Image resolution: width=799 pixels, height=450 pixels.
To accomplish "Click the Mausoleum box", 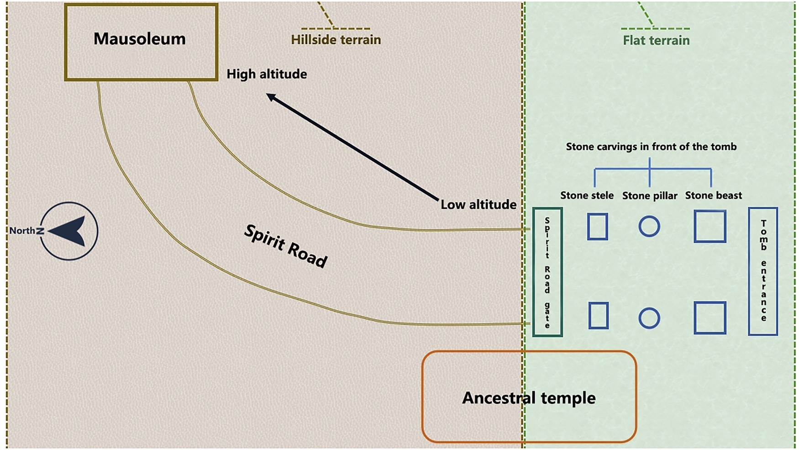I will tap(141, 42).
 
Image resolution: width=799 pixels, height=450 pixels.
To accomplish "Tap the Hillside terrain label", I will tap(336, 40).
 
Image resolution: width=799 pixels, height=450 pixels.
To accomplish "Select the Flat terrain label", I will tap(656, 40).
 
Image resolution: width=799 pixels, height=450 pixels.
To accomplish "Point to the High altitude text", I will tap(267, 74).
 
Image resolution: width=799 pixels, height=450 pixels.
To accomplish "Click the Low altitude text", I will tap(478, 204).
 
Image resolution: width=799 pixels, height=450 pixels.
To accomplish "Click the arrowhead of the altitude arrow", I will tap(271, 97).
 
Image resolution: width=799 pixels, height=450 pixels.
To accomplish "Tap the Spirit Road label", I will tap(286, 246).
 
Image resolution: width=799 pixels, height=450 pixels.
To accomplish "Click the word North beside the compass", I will tap(22, 231).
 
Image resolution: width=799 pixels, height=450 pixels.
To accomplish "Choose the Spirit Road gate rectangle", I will tap(547, 272).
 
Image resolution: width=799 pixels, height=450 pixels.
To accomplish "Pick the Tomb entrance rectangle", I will tap(763, 271).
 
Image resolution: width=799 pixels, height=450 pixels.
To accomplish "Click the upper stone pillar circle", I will tap(649, 226).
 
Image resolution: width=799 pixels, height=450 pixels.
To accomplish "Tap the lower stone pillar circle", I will tap(649, 318).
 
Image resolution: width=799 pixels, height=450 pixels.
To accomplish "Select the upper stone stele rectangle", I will tap(597, 226).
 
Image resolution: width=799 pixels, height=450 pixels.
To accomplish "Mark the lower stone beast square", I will tap(710, 318).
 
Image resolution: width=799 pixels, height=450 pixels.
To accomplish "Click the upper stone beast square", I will tap(710, 226).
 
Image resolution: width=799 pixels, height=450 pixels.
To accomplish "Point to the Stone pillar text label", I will tap(650, 196).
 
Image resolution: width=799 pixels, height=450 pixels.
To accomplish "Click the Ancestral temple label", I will tap(529, 397).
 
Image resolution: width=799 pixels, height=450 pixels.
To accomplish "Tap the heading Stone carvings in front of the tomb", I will tap(651, 147).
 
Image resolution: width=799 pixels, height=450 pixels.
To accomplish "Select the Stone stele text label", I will tap(587, 196).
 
